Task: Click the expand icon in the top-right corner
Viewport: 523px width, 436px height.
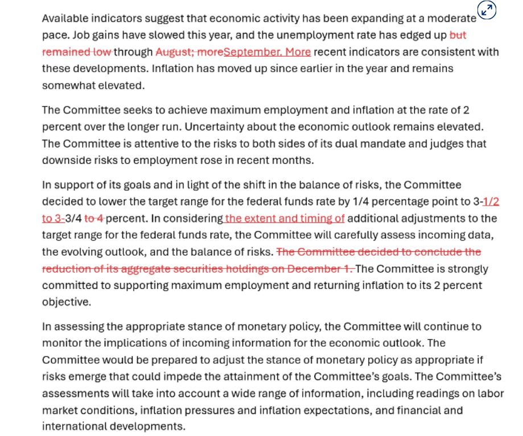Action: click(487, 10)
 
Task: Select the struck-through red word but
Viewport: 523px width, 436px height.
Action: click(458, 35)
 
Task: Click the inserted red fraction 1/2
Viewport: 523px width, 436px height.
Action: click(491, 202)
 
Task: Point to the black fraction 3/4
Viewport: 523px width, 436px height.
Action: click(73, 219)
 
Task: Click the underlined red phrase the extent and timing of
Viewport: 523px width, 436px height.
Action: click(285, 219)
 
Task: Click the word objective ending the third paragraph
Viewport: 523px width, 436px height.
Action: click(66, 302)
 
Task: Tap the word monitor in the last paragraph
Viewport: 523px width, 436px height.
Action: click(61, 343)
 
